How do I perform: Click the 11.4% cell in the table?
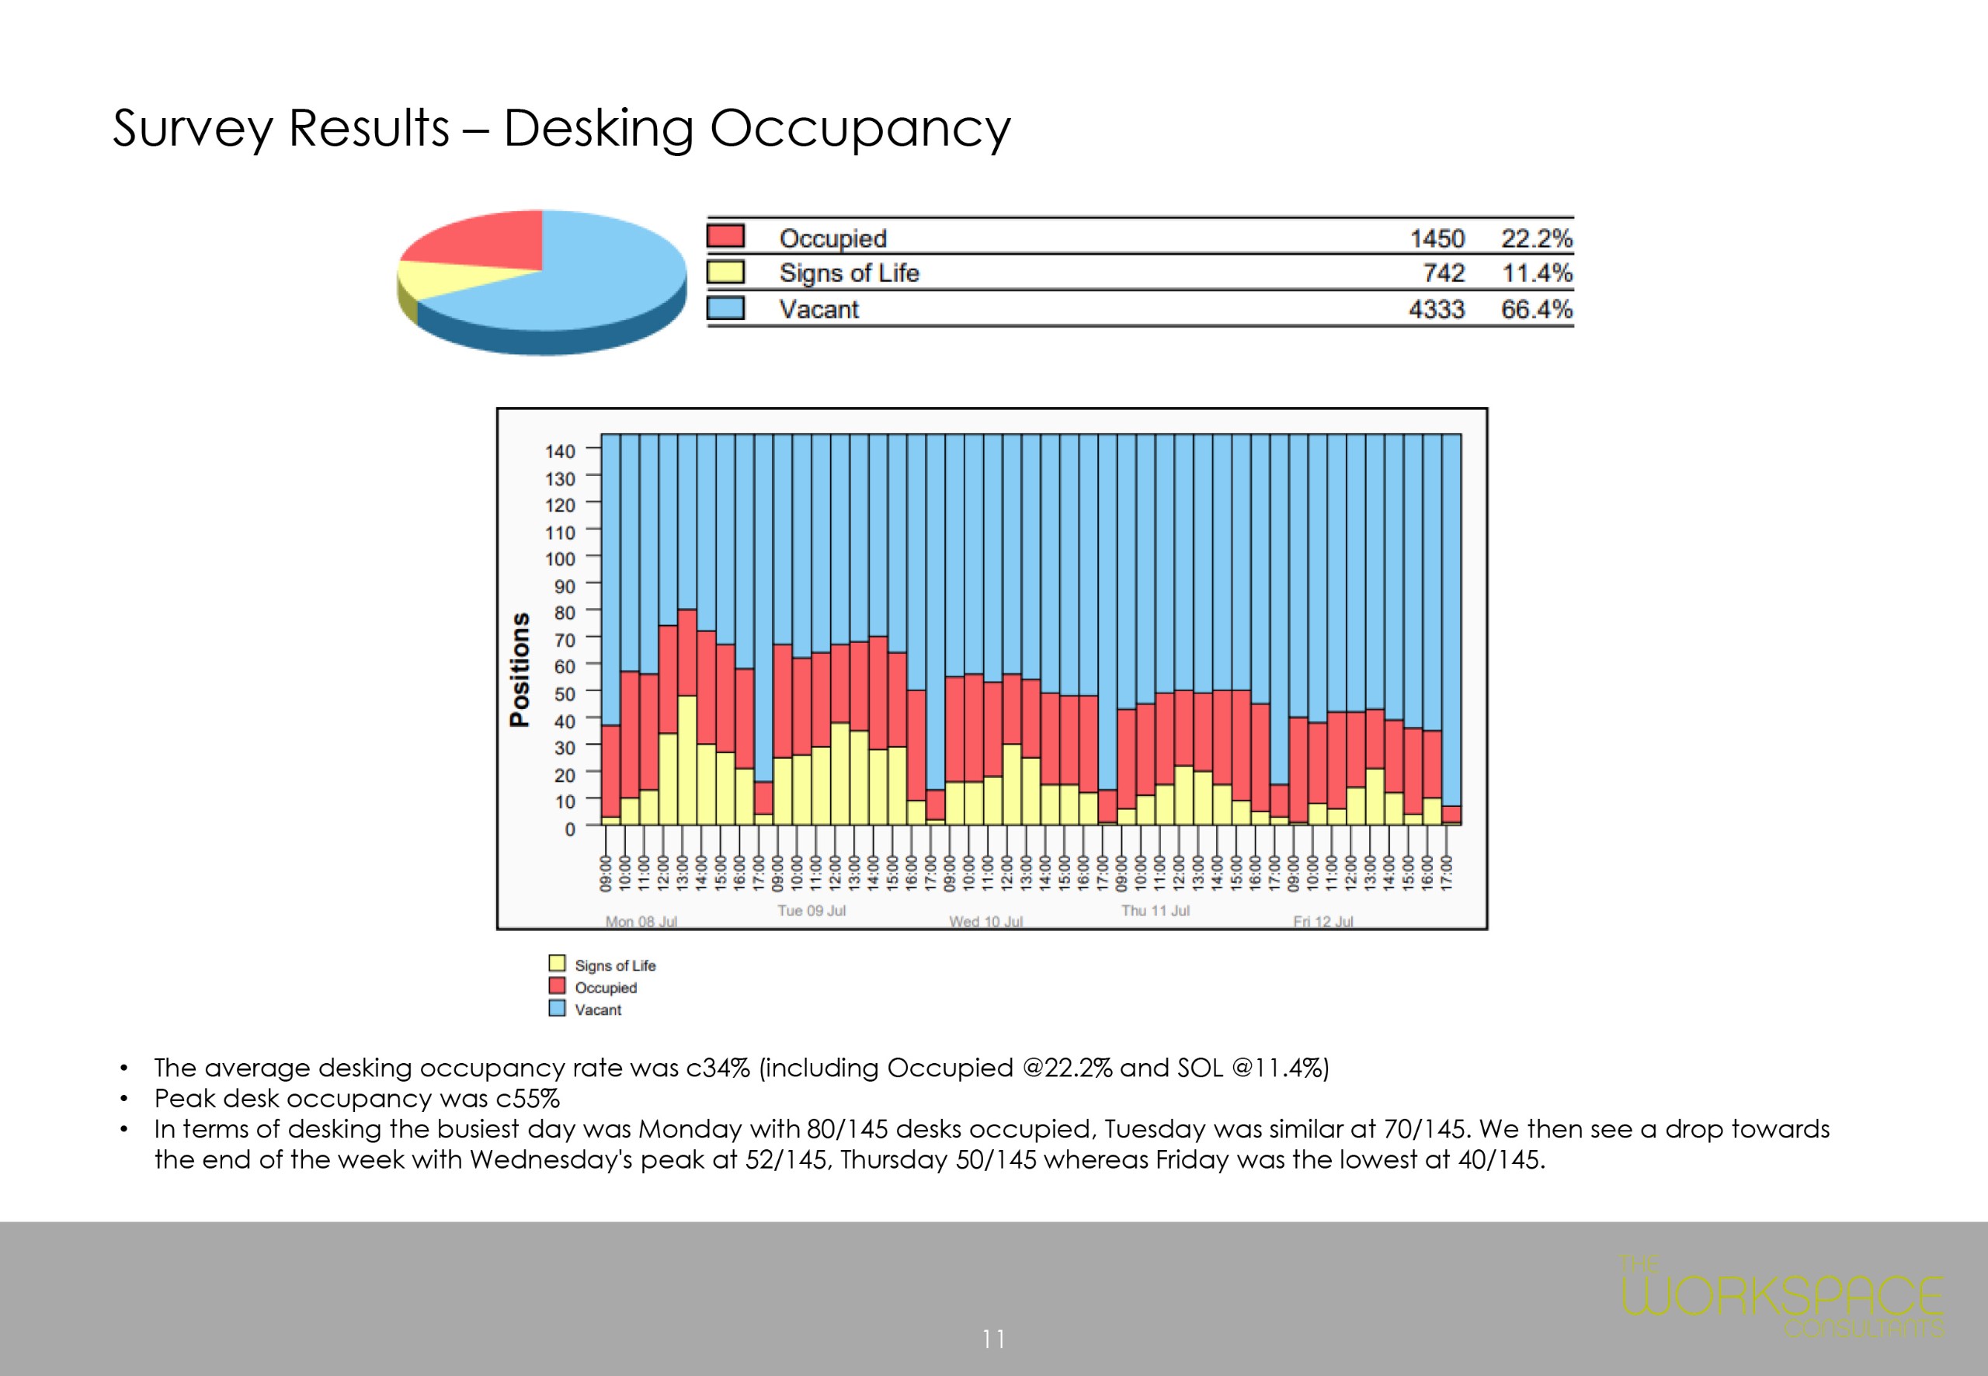coord(1536,273)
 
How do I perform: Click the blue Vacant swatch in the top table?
coord(725,308)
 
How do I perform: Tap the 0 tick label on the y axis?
coord(569,829)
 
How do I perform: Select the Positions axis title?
coord(520,670)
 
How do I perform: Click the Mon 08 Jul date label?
coord(641,922)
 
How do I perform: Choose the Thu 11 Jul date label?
coord(1156,910)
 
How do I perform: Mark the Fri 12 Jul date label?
coord(1322,922)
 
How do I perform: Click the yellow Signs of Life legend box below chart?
coord(557,963)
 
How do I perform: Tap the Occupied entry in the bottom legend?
coord(605,987)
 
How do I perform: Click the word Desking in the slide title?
coord(597,130)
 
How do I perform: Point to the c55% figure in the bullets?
coord(527,1098)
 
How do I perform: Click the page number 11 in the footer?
coord(993,1339)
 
